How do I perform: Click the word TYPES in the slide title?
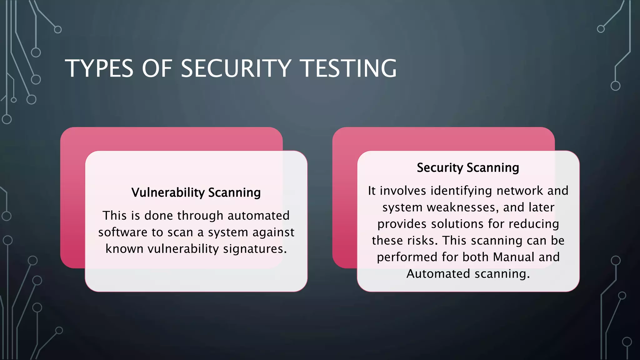pos(99,68)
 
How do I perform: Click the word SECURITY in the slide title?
pos(236,68)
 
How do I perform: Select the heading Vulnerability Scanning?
pos(196,192)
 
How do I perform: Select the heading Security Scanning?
pos(468,168)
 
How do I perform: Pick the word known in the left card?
pos(124,249)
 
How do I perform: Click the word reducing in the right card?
pos(534,224)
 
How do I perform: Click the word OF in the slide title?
pos(157,68)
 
